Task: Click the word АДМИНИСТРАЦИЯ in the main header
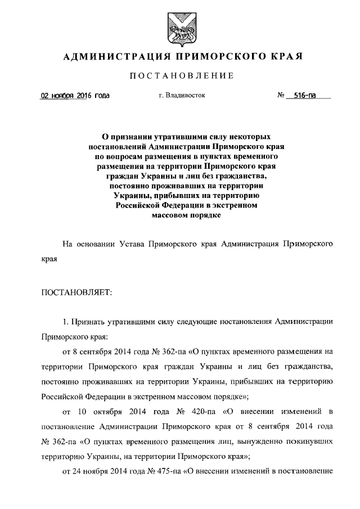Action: [107, 56]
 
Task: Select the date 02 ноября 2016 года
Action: [75, 96]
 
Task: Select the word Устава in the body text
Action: [134, 245]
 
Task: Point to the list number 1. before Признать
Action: [65, 322]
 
